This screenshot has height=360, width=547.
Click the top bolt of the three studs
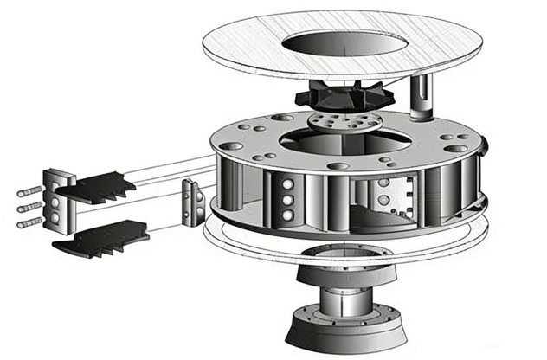[29, 191]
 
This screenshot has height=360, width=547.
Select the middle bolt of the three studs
[29, 207]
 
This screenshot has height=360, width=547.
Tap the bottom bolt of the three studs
[29, 222]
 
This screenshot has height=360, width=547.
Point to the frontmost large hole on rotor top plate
[339, 165]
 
